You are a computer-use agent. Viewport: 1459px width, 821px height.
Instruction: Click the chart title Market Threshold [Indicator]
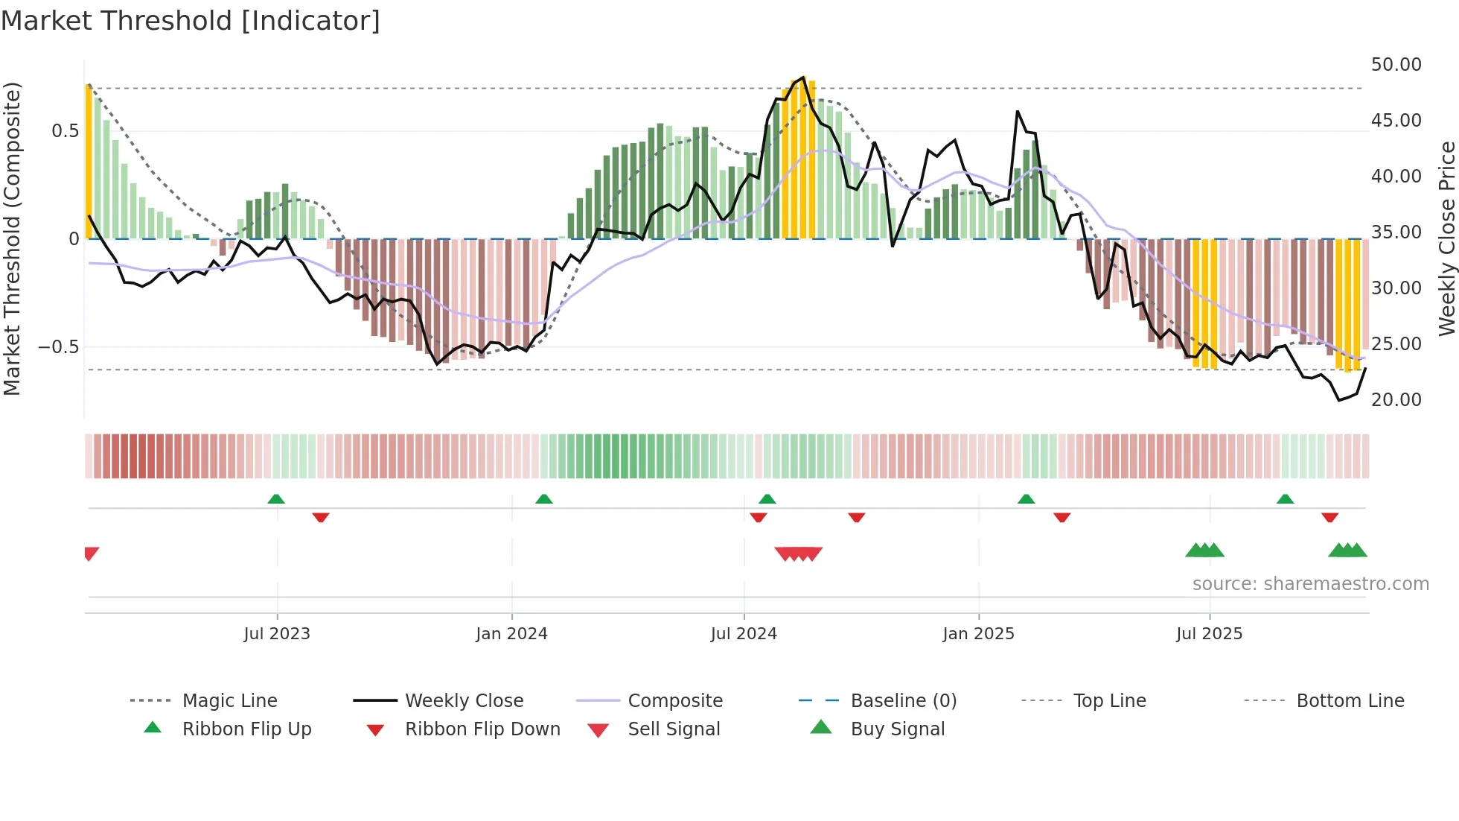pyautogui.click(x=191, y=21)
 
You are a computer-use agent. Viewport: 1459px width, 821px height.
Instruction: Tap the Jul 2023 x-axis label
pyautogui.click(x=277, y=634)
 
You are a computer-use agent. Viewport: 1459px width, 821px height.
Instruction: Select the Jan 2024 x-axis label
pyautogui.click(x=512, y=634)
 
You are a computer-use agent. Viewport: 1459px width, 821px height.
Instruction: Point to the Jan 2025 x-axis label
pyautogui.click(x=978, y=634)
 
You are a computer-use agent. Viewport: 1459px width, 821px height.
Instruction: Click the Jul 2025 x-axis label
pyautogui.click(x=1210, y=634)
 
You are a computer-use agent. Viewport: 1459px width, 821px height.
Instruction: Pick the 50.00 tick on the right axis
pyautogui.click(x=1396, y=65)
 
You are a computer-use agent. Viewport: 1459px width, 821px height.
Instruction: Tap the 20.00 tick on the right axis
pyautogui.click(x=1396, y=400)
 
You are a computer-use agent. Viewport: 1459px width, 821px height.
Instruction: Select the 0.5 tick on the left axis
pyautogui.click(x=65, y=131)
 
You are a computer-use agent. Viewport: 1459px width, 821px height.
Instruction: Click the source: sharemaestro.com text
pyautogui.click(x=1310, y=584)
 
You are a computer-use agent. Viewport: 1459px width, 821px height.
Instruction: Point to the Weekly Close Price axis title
pyautogui.click(x=1446, y=238)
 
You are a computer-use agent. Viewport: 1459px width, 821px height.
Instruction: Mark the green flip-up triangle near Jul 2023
pyautogui.click(x=276, y=499)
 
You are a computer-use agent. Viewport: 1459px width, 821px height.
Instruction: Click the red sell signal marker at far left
pyautogui.click(x=91, y=553)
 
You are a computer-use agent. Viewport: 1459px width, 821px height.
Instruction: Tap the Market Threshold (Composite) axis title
pyautogui.click(x=12, y=238)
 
